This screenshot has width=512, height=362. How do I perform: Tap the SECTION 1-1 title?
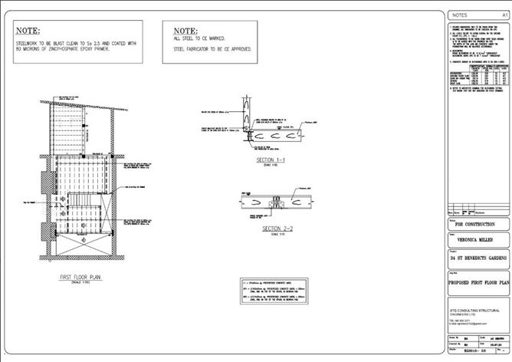[272, 160]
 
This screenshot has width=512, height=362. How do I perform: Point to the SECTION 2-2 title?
[277, 229]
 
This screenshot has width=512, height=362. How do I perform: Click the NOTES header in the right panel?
[460, 15]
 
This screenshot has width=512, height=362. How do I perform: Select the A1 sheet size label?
[504, 15]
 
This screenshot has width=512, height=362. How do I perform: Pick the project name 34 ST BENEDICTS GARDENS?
[478, 259]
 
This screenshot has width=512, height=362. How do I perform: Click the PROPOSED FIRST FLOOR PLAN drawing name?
[478, 283]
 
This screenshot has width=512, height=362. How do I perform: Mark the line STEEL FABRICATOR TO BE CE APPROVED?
[213, 48]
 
